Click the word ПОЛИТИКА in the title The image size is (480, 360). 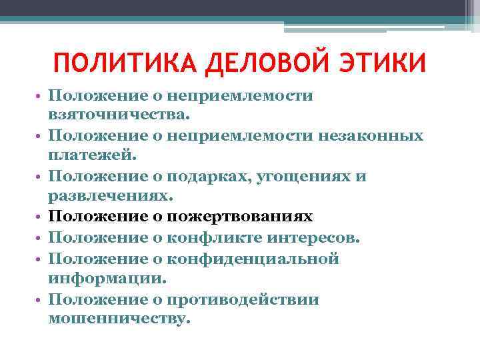pyautogui.click(x=123, y=64)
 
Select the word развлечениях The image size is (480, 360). pyautogui.click(x=111, y=197)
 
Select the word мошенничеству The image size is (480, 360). pyautogui.click(x=119, y=319)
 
